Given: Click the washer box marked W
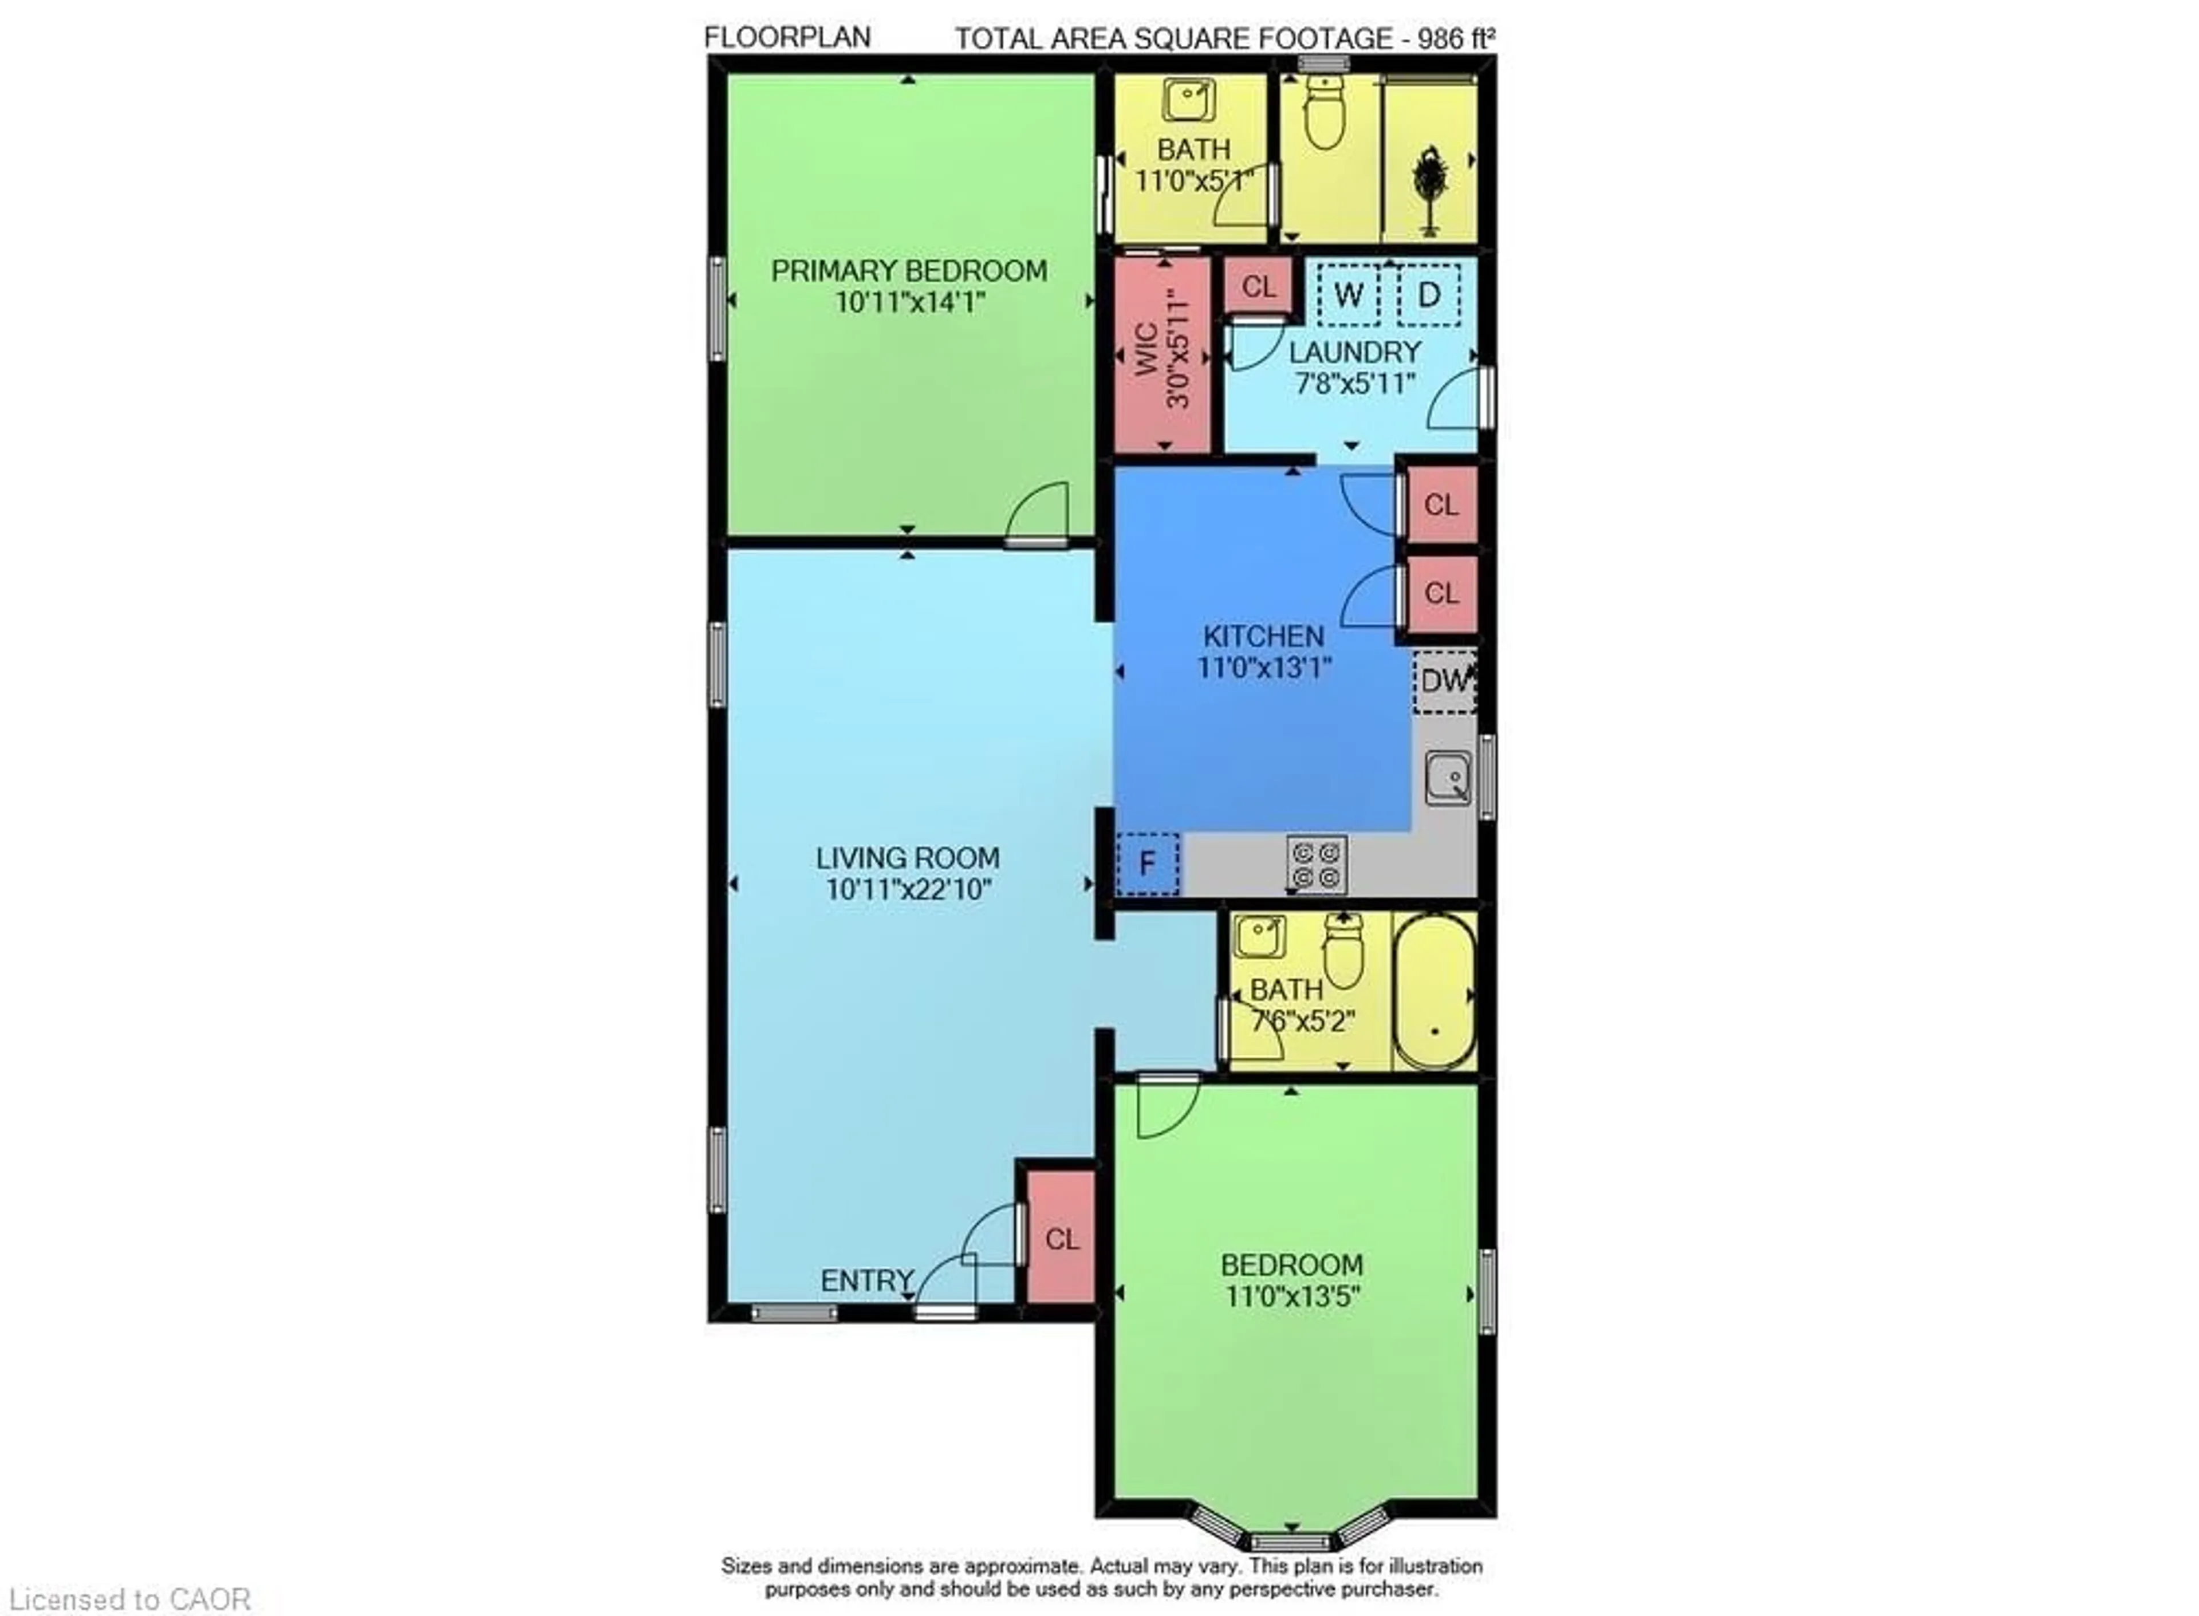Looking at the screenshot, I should (x=1348, y=294).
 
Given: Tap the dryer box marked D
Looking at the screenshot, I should (x=1428, y=294).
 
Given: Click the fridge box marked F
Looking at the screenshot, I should (x=1148, y=864).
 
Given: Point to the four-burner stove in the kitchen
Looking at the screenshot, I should (x=1316, y=865).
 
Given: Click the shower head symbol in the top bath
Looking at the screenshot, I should (x=1429, y=186).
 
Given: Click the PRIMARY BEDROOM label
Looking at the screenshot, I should (x=909, y=271).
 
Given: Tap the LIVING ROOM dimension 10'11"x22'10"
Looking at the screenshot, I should (x=909, y=890).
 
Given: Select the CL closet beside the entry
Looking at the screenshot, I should (x=1061, y=1239).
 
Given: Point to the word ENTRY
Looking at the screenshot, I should (x=866, y=1280).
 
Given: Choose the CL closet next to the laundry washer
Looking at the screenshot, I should (x=1258, y=287).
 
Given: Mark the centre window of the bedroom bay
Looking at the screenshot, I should (x=1291, y=1543).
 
